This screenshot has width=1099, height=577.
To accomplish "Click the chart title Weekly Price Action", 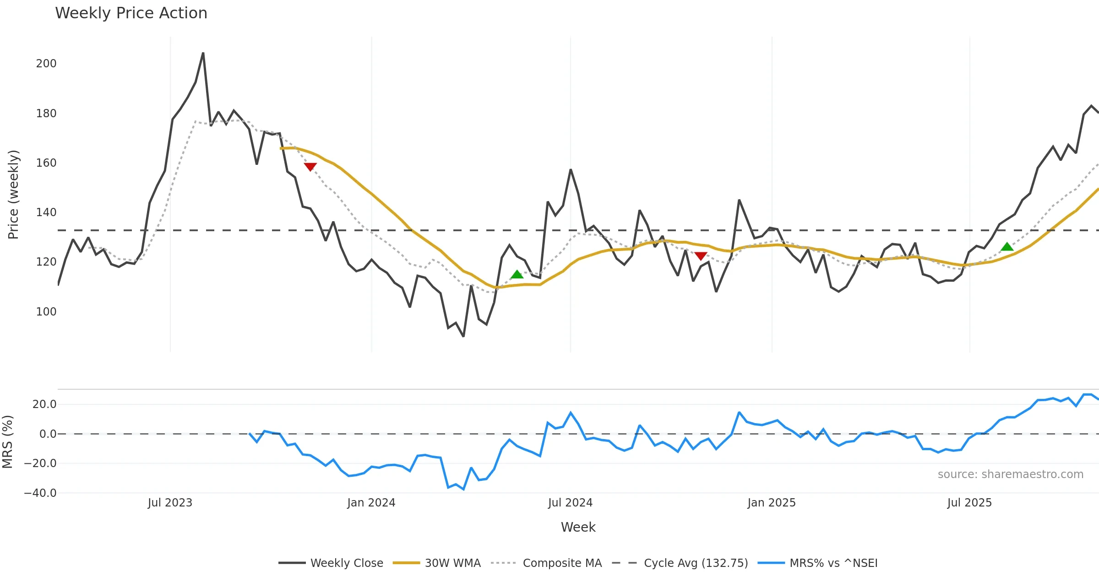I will click(131, 13).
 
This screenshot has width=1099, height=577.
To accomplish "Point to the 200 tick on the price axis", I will click(46, 64).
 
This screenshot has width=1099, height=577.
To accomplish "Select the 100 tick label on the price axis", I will click(46, 312).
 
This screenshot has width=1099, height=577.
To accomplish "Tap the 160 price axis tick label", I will click(46, 163).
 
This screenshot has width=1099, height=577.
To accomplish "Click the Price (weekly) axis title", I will click(14, 195).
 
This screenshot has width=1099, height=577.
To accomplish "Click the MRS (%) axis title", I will click(8, 441).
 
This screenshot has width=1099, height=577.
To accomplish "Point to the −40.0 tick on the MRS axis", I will click(40, 493).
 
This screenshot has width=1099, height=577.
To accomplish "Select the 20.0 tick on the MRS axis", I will click(44, 404).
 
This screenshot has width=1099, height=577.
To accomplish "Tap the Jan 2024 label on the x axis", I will click(371, 503).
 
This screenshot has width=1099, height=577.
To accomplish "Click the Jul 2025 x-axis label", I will click(969, 503).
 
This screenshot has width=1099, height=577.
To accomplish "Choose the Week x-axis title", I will click(578, 528).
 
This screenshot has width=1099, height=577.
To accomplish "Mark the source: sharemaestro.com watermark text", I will click(1010, 474).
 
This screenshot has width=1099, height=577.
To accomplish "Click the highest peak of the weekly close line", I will click(203, 53).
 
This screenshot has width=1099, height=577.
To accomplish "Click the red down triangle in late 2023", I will click(310, 167).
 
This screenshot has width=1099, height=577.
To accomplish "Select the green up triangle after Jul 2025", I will click(1007, 247).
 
